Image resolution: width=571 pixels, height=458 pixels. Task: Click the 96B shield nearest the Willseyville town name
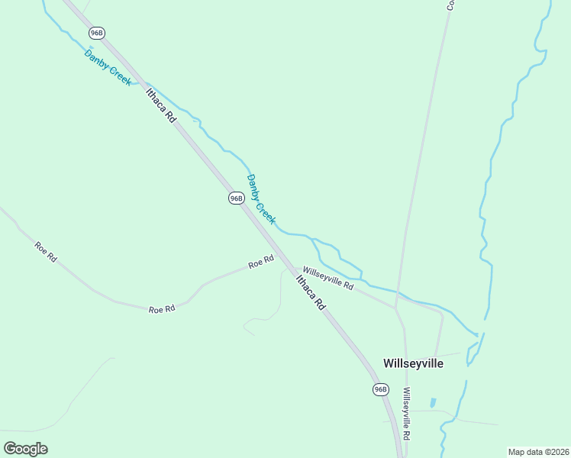pyautogui.click(x=381, y=389)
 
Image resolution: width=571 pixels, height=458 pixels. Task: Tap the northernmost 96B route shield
pyautogui.click(x=96, y=33)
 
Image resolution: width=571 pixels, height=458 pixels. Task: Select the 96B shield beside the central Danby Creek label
pyautogui.click(x=236, y=198)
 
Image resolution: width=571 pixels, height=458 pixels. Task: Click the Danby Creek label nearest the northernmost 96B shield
pyautogui.click(x=108, y=67)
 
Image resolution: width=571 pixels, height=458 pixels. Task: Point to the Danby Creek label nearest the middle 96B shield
pyautogui.click(x=260, y=198)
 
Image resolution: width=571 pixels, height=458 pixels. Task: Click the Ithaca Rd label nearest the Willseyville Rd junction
pyautogui.click(x=311, y=291)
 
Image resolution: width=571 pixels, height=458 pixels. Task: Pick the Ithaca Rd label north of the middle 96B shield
pyautogui.click(x=161, y=105)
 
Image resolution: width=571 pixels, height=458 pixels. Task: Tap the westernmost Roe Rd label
pyautogui.click(x=46, y=251)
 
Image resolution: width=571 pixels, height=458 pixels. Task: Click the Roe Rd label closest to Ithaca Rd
pyautogui.click(x=261, y=263)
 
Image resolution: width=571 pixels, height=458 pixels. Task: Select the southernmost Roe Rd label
pyautogui.click(x=162, y=309)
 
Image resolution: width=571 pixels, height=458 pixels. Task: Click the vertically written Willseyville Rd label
pyautogui.click(x=407, y=413)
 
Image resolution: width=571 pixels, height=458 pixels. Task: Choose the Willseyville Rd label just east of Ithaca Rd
pyautogui.click(x=328, y=278)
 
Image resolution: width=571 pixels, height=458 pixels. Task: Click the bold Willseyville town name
pyautogui.click(x=413, y=363)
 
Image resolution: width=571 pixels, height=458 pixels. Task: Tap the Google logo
pyautogui.click(x=25, y=448)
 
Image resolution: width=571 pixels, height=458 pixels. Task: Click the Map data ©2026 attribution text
pyautogui.click(x=538, y=452)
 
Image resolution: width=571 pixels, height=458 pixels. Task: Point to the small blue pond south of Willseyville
pyautogui.click(x=433, y=402)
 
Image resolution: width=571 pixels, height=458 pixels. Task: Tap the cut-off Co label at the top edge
pyautogui.click(x=450, y=5)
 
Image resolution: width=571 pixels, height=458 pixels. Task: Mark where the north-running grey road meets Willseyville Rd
pyautogui.click(x=395, y=307)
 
